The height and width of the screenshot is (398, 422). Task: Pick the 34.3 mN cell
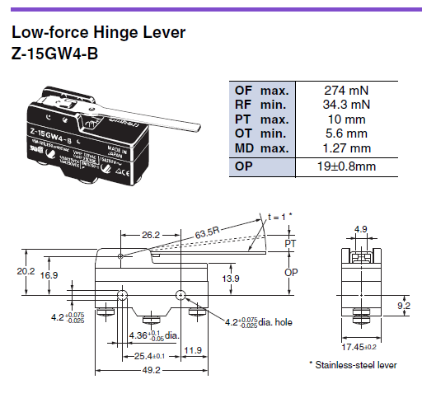[x=345, y=104]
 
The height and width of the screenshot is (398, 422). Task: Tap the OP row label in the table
[x=246, y=166]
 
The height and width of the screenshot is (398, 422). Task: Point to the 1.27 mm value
[x=345, y=149]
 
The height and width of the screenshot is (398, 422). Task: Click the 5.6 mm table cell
[x=345, y=134]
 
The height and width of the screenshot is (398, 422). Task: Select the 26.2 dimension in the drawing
[x=151, y=235]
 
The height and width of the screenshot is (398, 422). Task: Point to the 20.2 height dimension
[x=26, y=269]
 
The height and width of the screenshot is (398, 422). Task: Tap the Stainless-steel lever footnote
[x=353, y=363]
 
